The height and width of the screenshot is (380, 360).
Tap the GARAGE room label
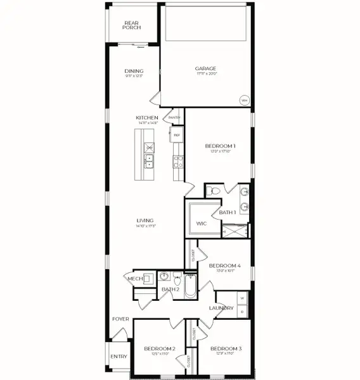[205, 68]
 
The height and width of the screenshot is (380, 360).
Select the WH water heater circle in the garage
[244, 100]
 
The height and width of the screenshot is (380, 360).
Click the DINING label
[134, 71]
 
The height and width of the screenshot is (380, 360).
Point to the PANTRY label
[174, 118]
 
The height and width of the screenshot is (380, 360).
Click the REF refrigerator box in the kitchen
[177, 135]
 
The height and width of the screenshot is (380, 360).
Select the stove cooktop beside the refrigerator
[177, 160]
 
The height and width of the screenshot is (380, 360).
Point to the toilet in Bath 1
[215, 190]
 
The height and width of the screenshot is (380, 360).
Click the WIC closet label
[202, 224]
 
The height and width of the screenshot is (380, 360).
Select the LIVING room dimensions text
[146, 226]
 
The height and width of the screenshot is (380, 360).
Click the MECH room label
[134, 278]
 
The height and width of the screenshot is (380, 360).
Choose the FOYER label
[120, 319]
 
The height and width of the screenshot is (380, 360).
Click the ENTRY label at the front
[119, 357]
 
